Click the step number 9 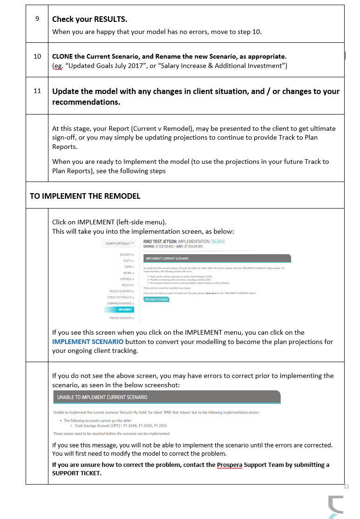(x=37, y=19)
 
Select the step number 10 (x=37, y=56)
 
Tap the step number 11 (x=37, y=91)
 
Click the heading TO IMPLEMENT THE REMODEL (x=85, y=196)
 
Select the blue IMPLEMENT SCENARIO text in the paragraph (x=88, y=341)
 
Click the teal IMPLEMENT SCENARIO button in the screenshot (x=156, y=300)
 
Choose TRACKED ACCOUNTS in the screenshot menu (x=121, y=318)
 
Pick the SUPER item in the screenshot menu (x=129, y=267)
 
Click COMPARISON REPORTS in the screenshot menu (x=120, y=303)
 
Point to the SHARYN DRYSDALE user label (x=118, y=243)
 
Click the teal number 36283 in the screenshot (x=217, y=242)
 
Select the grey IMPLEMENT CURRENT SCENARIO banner (x=217, y=258)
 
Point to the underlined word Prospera (x=230, y=465)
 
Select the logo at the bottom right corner (x=335, y=507)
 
